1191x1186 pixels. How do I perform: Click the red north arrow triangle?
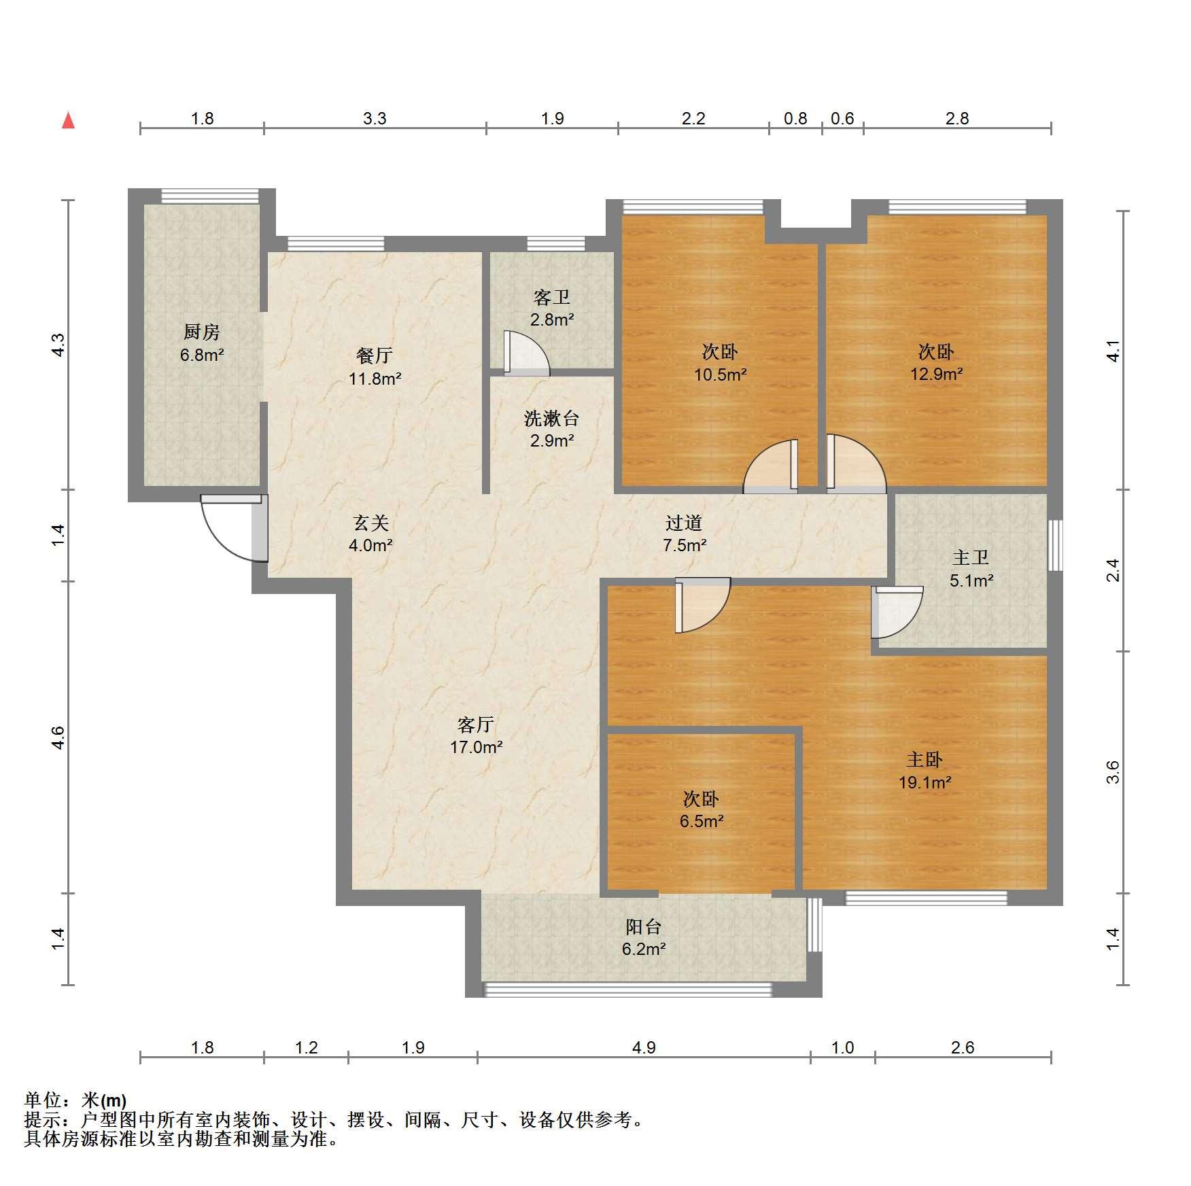click(68, 120)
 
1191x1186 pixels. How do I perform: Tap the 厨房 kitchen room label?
click(202, 343)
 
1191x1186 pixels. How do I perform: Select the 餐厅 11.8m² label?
click(375, 367)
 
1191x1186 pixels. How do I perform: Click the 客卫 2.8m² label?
click(552, 308)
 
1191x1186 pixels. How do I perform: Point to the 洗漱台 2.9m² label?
click(552, 429)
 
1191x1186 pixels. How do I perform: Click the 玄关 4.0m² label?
click(370, 534)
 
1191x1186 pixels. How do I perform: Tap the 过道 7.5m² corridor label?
click(684, 534)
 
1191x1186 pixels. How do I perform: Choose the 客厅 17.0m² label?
click(476, 735)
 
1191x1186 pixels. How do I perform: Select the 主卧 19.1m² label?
click(925, 771)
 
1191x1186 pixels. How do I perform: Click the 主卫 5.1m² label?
click(971, 569)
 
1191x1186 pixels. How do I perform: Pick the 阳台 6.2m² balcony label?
click(643, 937)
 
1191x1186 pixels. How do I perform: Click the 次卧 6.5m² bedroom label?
click(701, 809)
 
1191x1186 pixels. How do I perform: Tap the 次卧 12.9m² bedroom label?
click(936, 362)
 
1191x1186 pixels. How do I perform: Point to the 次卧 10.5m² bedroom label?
click(720, 362)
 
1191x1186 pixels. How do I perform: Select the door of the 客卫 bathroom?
click(526, 353)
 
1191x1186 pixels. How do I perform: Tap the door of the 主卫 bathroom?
click(897, 612)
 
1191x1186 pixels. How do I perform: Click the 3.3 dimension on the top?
click(375, 118)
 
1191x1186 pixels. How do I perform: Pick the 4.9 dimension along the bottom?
click(644, 1047)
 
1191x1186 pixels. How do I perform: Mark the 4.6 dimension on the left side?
click(58, 737)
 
